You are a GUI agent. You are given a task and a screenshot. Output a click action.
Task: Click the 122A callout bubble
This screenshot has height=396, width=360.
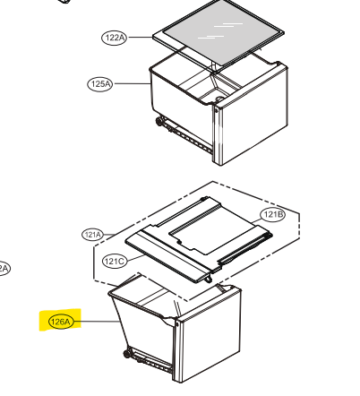pos(115,38)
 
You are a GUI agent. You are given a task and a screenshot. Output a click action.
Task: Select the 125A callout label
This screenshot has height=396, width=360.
pos(100,84)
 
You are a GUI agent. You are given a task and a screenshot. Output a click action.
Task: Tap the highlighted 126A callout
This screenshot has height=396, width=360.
pos(61,322)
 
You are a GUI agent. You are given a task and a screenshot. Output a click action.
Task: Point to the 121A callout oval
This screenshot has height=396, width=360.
pos(92,235)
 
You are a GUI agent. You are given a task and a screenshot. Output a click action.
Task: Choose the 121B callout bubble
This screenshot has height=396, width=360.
pos(273,214)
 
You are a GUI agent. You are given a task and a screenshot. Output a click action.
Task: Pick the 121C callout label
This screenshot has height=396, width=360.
pos(115,262)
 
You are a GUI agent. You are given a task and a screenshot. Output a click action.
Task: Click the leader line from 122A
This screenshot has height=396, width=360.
pos(140,38)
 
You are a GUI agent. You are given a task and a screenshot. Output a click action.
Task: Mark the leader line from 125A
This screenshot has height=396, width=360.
pos(132,83)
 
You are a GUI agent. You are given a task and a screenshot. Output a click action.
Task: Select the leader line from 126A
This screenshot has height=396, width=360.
pos(97,322)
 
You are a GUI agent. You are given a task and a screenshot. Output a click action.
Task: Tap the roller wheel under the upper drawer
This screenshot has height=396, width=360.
pos(159,122)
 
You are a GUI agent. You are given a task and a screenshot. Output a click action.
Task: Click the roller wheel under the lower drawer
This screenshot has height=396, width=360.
pos(127,354)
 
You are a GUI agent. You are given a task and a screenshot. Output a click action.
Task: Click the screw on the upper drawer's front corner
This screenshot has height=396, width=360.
pos(216,110)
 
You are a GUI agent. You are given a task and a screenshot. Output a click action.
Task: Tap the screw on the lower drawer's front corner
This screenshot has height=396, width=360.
pos(177,323)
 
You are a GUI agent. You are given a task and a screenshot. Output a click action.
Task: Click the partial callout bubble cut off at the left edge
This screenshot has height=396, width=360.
pos(4,269)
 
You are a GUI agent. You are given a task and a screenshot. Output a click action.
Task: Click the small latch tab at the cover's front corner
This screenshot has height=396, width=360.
pos(209,279)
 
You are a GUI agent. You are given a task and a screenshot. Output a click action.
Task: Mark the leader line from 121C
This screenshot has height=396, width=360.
pos(136,258)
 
